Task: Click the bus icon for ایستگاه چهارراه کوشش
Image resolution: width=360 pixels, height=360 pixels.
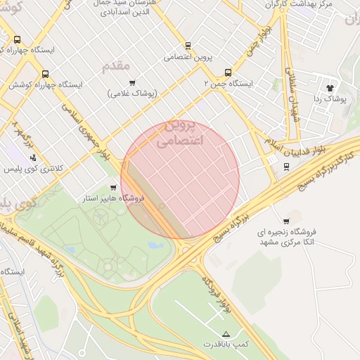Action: pyautogui.click(x=46, y=74)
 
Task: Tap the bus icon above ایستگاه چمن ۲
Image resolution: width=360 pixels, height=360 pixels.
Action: pyautogui.click(x=228, y=72)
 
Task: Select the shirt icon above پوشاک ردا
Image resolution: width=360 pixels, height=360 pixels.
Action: pyautogui.click(x=330, y=88)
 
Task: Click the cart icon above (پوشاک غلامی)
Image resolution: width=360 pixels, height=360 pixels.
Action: pyautogui.click(x=132, y=83)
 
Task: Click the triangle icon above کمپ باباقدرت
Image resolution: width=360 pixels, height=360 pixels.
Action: pyautogui.click(x=226, y=333)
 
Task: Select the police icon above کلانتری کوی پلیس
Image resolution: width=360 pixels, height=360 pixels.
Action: pyautogui.click(x=33, y=157)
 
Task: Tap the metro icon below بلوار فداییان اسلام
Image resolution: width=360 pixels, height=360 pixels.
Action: pyautogui.click(x=285, y=167)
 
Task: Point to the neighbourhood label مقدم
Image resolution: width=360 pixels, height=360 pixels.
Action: pyautogui.click(x=117, y=66)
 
